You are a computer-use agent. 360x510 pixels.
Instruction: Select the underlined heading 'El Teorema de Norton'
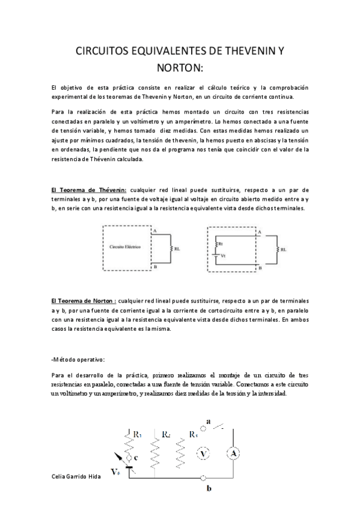click(84, 299)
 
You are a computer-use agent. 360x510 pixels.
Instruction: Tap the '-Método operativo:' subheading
click(78, 360)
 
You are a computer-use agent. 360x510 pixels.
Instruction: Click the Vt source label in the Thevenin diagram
click(224, 256)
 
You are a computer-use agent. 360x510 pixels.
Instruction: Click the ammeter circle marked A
click(231, 453)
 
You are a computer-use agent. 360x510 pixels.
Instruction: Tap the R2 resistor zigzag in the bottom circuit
click(155, 451)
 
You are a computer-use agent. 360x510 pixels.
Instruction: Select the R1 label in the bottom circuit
click(137, 434)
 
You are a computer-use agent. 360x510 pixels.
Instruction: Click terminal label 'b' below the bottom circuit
click(209, 489)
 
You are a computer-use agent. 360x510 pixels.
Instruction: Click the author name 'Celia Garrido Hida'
click(76, 475)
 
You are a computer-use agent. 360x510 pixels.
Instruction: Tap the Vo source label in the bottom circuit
click(117, 473)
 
